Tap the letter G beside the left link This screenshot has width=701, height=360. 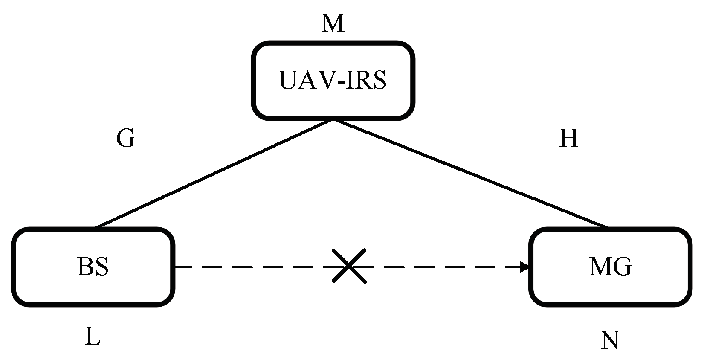click(x=125, y=139)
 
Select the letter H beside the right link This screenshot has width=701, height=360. click(x=568, y=139)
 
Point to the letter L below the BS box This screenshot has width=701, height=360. click(x=93, y=337)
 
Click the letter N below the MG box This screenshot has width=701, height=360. click(x=610, y=341)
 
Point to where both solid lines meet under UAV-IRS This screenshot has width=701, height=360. click(x=333, y=120)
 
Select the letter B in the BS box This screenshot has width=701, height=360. click(x=84, y=267)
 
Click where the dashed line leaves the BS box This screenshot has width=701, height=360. click(x=176, y=267)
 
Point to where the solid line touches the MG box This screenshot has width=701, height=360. click(x=606, y=227)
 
